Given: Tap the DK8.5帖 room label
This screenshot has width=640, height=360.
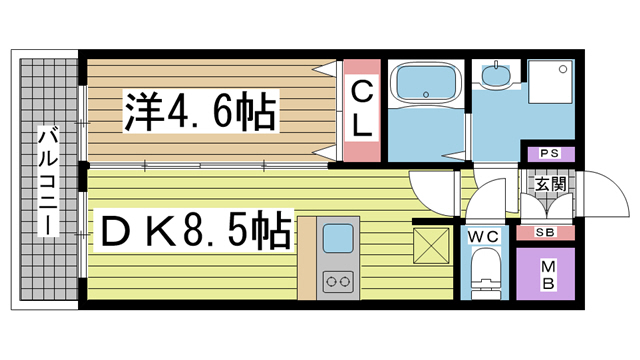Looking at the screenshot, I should click(x=192, y=231).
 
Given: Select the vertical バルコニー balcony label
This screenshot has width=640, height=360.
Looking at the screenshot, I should click(x=47, y=181).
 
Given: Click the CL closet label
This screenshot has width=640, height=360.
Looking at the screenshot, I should click(x=361, y=110).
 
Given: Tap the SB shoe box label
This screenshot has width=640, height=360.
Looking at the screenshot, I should click(x=546, y=233).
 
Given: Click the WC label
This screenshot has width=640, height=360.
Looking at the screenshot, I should click(x=485, y=236).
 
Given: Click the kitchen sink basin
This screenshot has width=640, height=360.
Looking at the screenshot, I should click(x=337, y=239).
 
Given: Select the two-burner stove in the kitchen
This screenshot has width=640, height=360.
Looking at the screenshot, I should click(x=337, y=281).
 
